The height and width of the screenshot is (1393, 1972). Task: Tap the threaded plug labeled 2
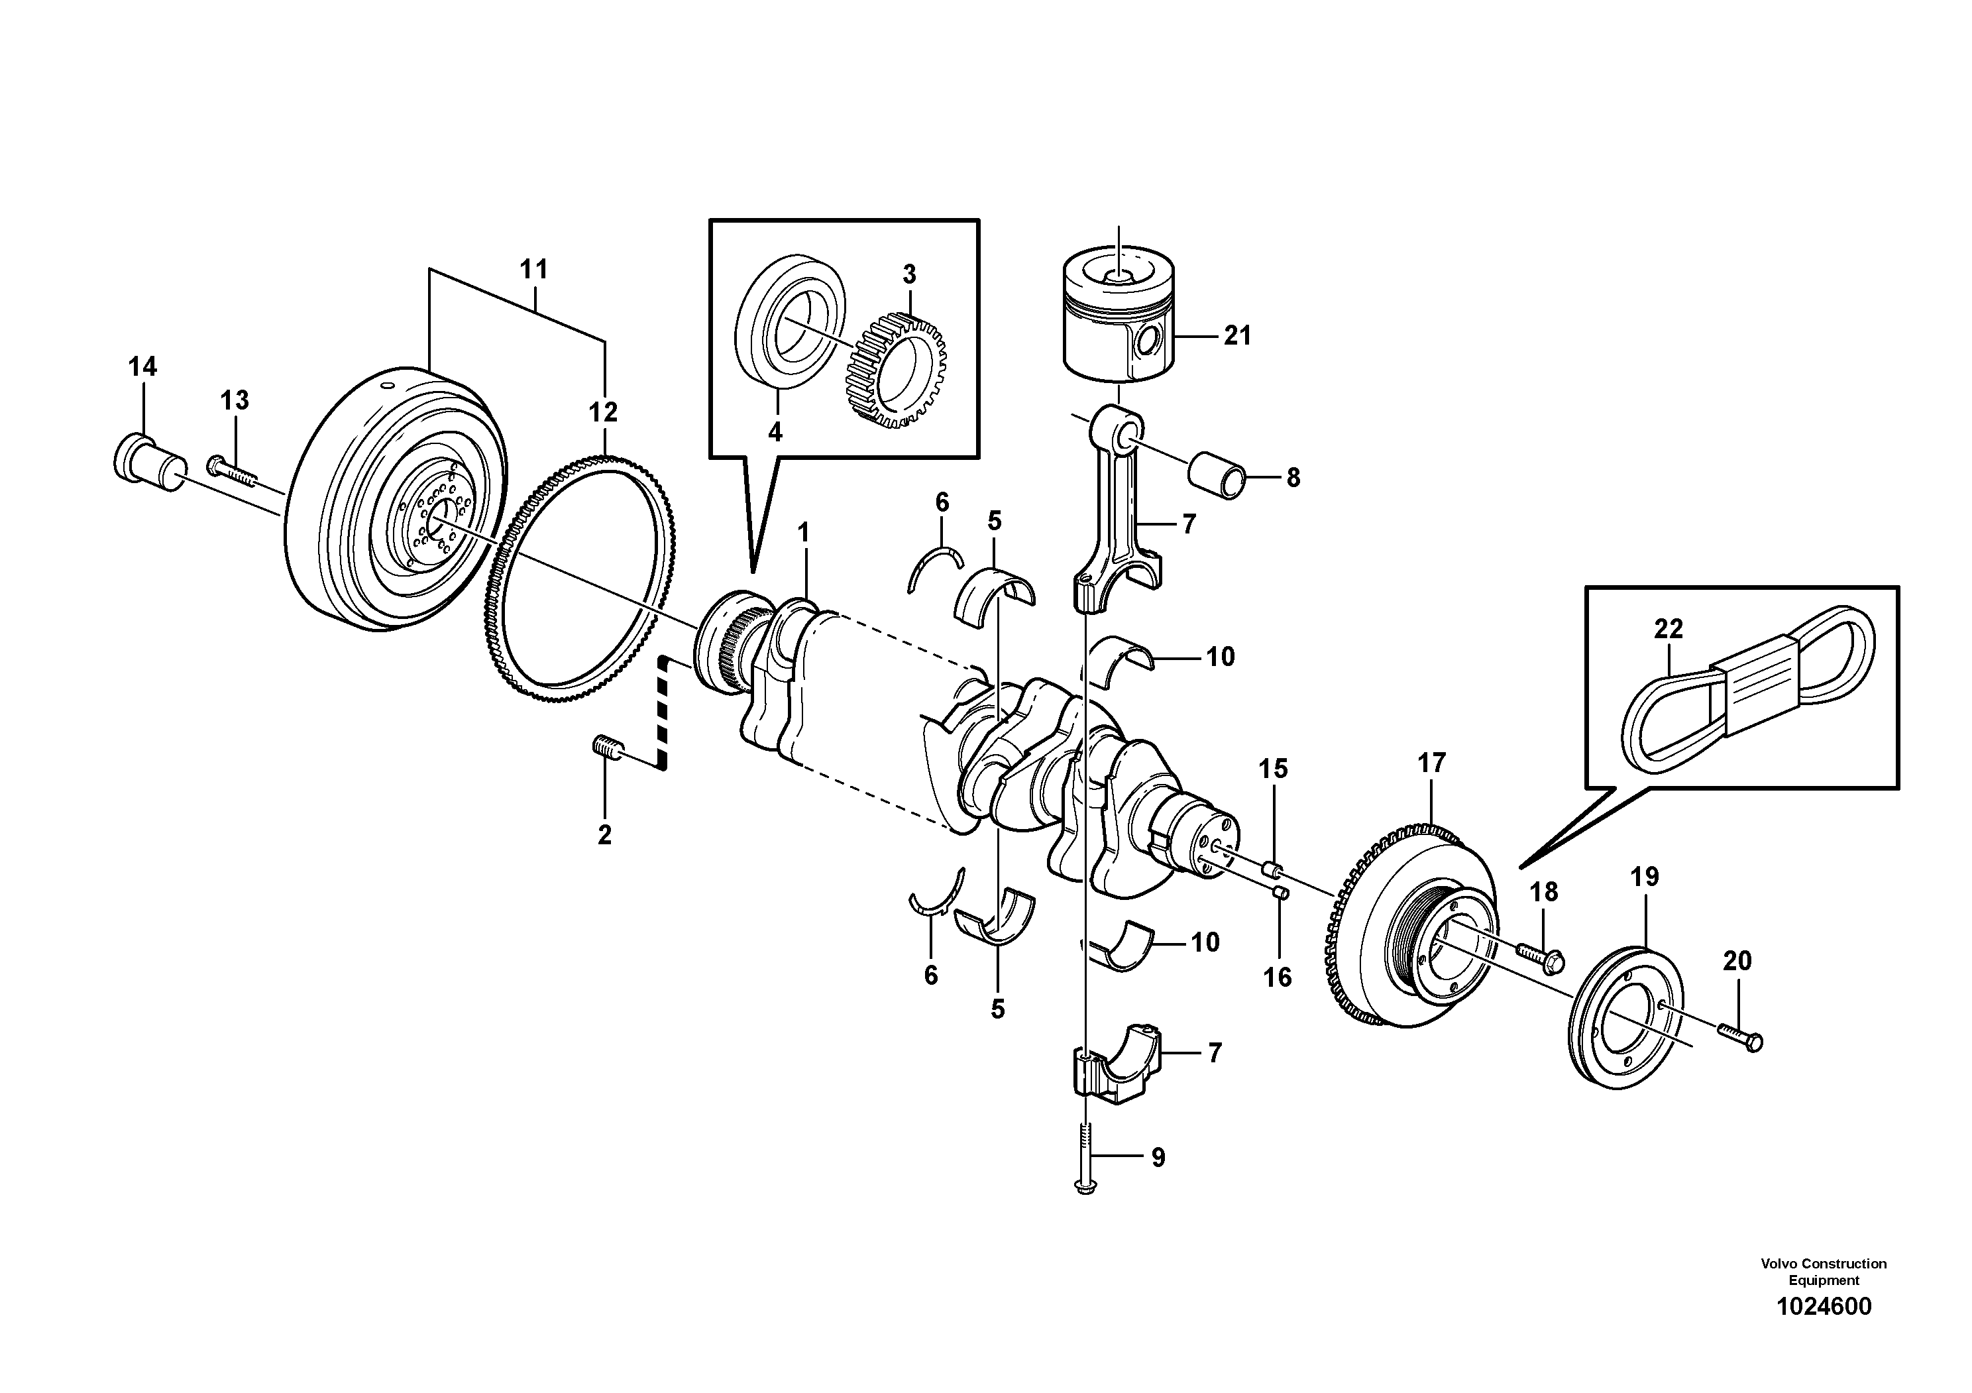pyautogui.click(x=607, y=749)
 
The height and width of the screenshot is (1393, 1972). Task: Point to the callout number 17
pyautogui.click(x=1432, y=763)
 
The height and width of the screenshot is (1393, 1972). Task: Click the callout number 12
pyautogui.click(x=603, y=412)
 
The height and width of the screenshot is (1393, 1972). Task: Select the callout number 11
pyautogui.click(x=533, y=269)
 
